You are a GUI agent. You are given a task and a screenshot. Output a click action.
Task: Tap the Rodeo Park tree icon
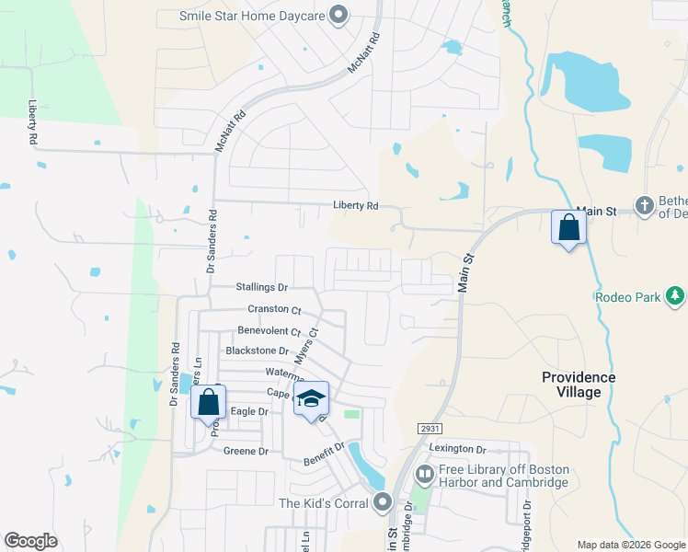(x=675, y=296)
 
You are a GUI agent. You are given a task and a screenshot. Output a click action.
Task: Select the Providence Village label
(x=579, y=385)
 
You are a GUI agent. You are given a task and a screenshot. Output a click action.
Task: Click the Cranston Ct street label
(x=274, y=310)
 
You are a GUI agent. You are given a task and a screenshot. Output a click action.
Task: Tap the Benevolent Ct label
(x=269, y=331)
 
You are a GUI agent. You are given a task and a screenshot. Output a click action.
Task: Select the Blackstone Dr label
(x=258, y=351)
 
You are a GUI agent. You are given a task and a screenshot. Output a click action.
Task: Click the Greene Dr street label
(x=246, y=452)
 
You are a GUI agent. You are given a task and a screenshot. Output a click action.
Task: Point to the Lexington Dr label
(x=457, y=449)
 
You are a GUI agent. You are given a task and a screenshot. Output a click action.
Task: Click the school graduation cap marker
(x=311, y=400)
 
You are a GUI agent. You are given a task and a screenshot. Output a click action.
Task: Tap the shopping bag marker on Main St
(x=568, y=227)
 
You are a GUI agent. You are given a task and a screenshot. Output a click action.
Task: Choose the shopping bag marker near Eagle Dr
(x=208, y=402)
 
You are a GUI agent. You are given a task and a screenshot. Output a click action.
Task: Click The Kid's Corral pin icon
(x=384, y=503)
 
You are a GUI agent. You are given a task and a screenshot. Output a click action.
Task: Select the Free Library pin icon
(x=424, y=476)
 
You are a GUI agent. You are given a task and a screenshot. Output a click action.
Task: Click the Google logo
(x=30, y=541)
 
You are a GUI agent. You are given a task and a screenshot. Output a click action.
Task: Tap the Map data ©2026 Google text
(x=631, y=545)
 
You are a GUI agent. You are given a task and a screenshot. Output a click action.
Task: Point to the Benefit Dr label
(x=327, y=448)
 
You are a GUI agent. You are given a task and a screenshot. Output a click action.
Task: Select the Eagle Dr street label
(x=248, y=411)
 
